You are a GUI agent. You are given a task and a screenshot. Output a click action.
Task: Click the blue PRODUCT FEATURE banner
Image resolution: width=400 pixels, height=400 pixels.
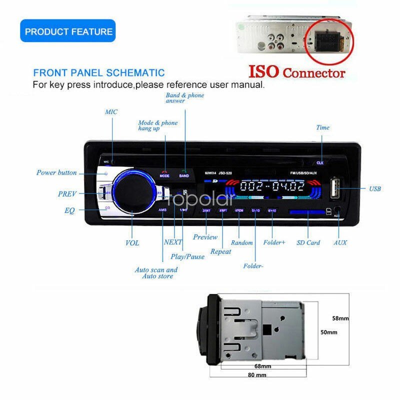click(68, 31)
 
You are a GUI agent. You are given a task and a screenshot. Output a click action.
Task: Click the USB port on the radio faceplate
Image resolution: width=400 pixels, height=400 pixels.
click(334, 189)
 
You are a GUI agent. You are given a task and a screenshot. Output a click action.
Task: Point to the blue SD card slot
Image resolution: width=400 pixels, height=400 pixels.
click(306, 212)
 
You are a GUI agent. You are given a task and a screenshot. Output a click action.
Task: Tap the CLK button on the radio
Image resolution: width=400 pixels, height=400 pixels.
click(319, 162)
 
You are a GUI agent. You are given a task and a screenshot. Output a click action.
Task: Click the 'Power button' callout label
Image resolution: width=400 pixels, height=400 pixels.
click(56, 172)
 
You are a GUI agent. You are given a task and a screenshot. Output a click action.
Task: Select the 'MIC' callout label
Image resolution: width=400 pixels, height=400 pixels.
click(111, 112)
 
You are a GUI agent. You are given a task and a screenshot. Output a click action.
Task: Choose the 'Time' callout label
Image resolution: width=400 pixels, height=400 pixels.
click(322, 127)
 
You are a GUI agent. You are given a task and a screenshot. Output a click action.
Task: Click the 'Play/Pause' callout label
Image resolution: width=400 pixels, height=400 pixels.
click(187, 256)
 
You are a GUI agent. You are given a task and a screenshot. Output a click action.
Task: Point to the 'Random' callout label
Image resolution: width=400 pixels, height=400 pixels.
click(242, 242)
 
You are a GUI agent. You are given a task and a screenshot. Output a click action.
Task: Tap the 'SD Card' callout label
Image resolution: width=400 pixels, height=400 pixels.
click(308, 242)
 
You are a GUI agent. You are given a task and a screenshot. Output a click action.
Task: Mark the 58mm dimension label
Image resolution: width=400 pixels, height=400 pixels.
click(340, 318)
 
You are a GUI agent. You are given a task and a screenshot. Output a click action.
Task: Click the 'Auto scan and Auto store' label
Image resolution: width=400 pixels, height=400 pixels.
click(156, 273)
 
